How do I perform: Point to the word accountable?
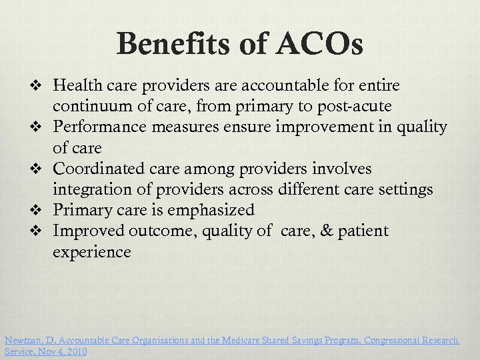pyautogui.click(x=304, y=86)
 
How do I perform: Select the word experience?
pyautogui.click(x=91, y=252)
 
